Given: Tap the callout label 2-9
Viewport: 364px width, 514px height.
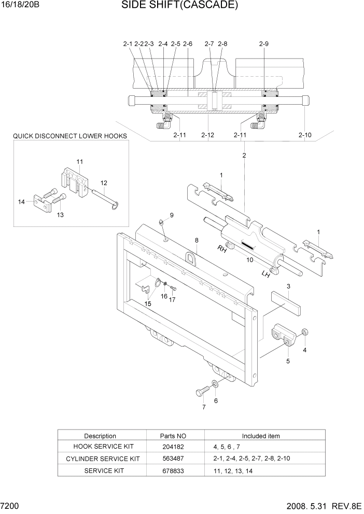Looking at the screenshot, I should [263, 45].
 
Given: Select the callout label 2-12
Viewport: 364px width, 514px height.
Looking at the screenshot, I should [207, 135].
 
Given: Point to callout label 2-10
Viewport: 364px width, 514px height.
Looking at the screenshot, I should [305, 135].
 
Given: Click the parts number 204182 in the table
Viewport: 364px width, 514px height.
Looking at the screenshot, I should [173, 447].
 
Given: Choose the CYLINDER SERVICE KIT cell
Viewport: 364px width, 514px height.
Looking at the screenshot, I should [103, 459].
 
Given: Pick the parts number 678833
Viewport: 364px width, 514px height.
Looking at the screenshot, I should [173, 470].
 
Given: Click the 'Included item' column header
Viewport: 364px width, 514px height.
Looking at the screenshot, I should [261, 436].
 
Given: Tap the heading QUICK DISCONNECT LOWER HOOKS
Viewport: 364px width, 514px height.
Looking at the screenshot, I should [70, 136].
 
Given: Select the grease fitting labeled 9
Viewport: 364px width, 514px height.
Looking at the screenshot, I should [162, 223].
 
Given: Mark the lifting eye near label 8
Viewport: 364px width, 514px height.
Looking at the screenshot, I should [190, 256].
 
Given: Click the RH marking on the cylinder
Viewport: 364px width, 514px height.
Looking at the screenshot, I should [222, 249].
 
